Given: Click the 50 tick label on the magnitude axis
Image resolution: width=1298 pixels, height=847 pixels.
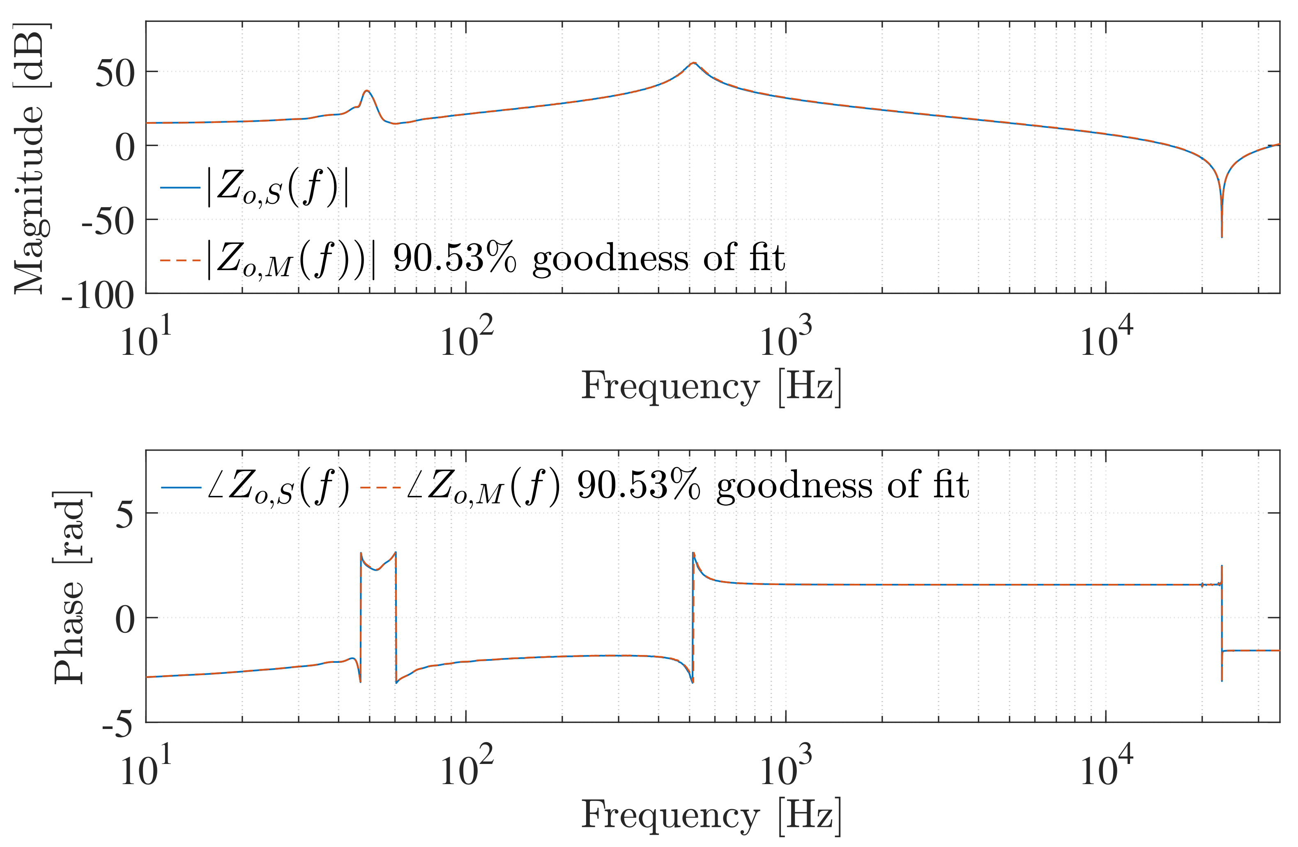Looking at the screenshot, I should pyautogui.click(x=115, y=74).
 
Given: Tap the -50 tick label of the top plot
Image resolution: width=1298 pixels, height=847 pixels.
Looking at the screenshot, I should pyautogui.click(x=108, y=222).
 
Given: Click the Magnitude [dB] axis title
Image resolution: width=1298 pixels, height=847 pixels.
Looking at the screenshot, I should pyautogui.click(x=30, y=158).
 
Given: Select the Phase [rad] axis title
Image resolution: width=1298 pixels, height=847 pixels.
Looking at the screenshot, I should pyautogui.click(x=71, y=587).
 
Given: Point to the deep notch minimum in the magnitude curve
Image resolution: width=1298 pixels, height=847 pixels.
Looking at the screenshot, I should pyautogui.click(x=1222, y=236).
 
